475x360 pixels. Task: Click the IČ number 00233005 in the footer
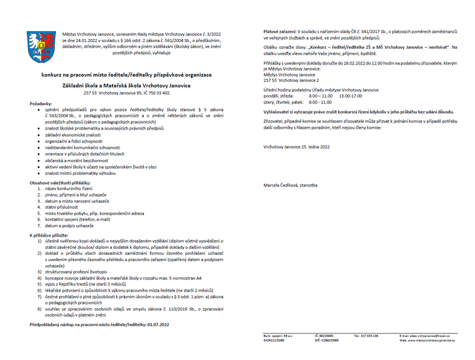pyautogui.click(x=322, y=336)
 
